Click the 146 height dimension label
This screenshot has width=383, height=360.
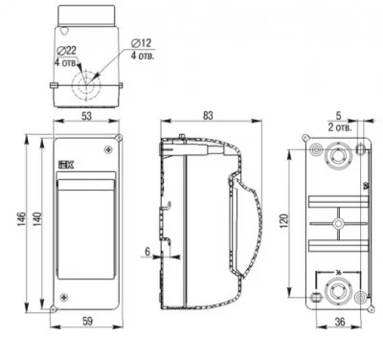21,219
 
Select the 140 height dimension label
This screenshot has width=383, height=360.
37,219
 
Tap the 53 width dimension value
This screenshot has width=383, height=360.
86,116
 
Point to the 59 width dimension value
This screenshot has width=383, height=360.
87,321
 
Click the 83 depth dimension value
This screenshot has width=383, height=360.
208,116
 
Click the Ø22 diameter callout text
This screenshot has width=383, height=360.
67,50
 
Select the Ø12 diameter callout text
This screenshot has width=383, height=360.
141,42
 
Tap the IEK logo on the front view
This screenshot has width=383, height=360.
66,165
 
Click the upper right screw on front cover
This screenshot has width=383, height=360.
109,149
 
